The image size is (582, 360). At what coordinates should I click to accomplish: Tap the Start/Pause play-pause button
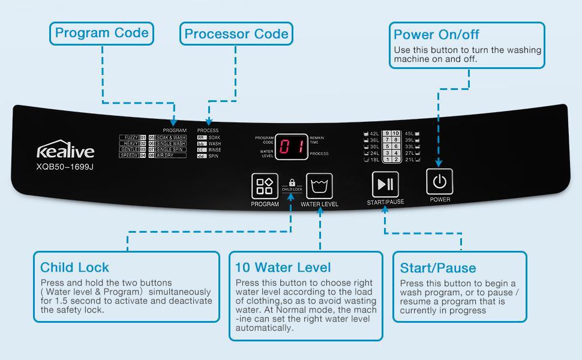tap(385, 183)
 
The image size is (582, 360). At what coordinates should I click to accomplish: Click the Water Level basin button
tap(319, 186)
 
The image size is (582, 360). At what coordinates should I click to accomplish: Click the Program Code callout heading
tap(101, 32)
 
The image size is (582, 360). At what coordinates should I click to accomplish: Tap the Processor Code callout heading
tap(236, 34)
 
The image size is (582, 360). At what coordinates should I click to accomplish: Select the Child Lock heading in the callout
tap(74, 267)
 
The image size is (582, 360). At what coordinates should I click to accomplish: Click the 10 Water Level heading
tap(283, 267)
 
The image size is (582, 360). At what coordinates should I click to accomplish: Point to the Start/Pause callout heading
tap(437, 268)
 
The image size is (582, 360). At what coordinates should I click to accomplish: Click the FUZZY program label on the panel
tap(131, 137)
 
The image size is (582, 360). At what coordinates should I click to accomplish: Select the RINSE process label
tap(215, 149)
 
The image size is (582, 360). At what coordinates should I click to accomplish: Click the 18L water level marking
tap(373, 159)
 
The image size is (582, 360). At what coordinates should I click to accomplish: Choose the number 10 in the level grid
tap(396, 133)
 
